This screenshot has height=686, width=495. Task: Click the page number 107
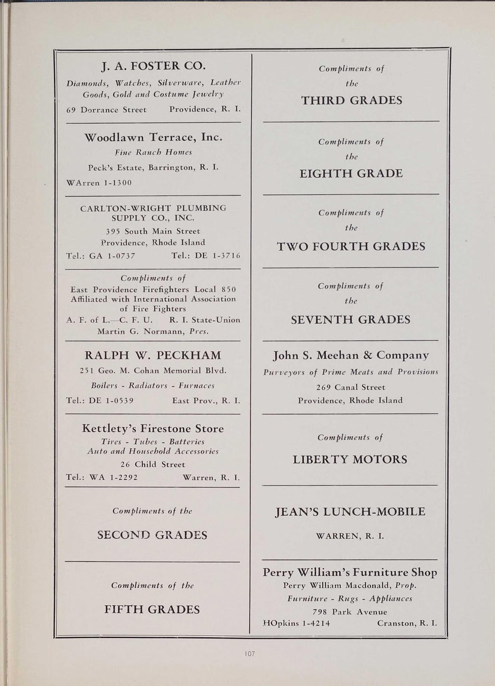point(250,654)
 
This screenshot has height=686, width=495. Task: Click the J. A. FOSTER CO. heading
point(153,66)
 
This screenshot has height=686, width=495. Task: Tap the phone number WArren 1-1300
point(99,183)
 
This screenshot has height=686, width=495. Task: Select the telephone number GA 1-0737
point(112,256)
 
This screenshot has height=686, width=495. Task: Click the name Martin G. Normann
point(141,331)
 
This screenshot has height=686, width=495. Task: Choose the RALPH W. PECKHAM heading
point(153,355)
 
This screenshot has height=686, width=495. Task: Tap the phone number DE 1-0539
point(111,401)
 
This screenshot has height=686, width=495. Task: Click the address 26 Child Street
point(153,464)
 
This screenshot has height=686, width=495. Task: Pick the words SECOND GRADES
point(152,535)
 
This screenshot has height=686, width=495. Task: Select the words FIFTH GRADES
point(152,609)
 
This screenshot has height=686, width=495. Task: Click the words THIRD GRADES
point(352,100)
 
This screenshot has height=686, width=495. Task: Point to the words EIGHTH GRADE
point(351,174)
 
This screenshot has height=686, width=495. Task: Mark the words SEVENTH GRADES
point(350,320)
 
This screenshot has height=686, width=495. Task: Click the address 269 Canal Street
point(351,387)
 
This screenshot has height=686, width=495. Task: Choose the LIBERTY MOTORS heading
point(350,460)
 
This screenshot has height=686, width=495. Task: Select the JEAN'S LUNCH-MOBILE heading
point(350,512)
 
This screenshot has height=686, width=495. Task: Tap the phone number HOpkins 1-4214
point(296,623)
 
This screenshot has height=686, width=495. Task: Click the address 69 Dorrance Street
point(106,110)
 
